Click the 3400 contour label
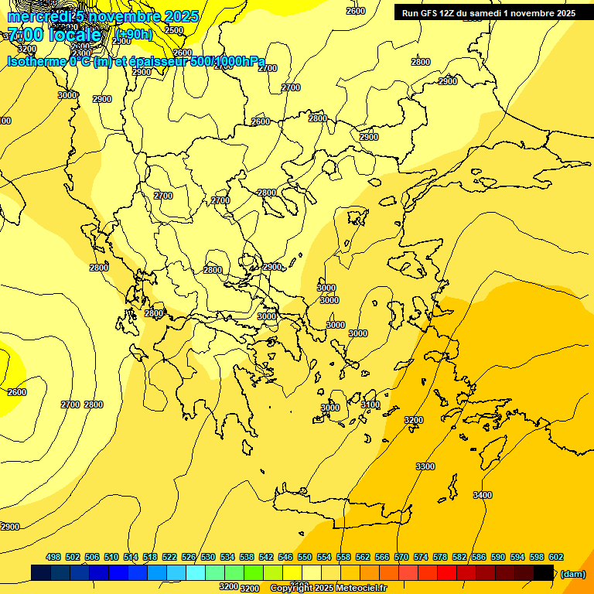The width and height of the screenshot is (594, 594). coord(482,495)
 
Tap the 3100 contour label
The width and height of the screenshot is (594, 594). coord(370,405)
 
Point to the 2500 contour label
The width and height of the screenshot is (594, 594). coord(174,30)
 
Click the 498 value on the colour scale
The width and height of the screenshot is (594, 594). coord(53,557)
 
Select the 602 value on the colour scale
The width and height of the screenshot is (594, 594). coord(556,557)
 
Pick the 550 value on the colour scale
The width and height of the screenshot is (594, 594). coord(305,557)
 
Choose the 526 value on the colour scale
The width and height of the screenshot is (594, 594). coord(189,557)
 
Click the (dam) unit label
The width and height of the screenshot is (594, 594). coord(573,573)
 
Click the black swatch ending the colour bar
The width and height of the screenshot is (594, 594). coord(544,572)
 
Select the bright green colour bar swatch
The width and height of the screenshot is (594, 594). coord(254,572)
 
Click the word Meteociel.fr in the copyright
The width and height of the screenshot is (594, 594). coord(361,589)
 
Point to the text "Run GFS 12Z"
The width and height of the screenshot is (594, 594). coord(427,13)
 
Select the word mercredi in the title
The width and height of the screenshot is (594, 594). coord(38,16)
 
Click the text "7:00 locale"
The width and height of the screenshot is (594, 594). coord(54,35)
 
